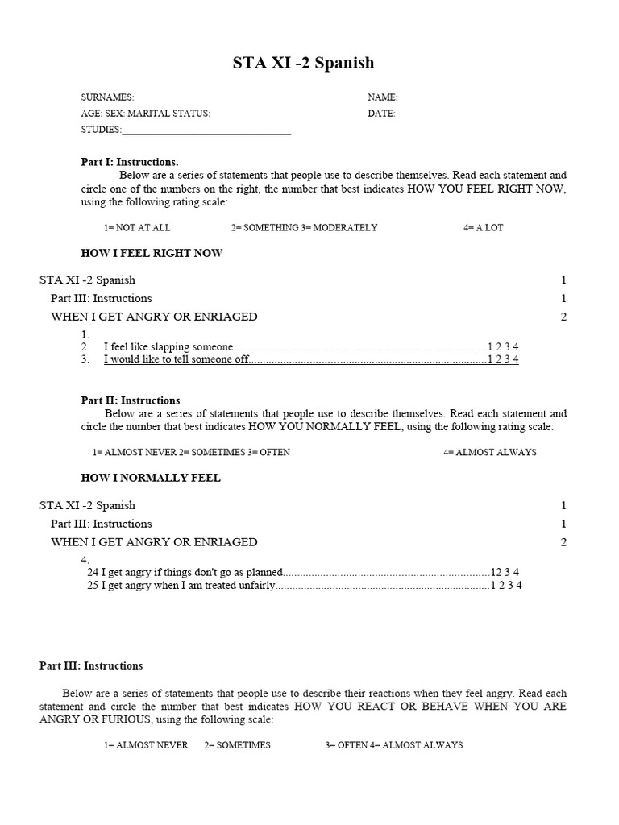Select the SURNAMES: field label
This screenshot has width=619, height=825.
tap(107, 97)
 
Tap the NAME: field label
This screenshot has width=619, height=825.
tap(383, 97)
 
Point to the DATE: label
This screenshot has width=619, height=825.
tap(381, 114)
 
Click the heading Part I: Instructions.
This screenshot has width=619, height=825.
tap(130, 162)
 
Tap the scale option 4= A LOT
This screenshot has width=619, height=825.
tap(483, 228)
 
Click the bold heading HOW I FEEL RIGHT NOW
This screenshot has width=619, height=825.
tap(152, 253)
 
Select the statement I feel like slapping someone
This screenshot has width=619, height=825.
tap(168, 346)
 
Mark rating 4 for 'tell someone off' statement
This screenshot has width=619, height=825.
tap(516, 359)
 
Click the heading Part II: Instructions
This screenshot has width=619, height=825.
tap(131, 400)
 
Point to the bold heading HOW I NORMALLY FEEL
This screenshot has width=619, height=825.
tap(151, 478)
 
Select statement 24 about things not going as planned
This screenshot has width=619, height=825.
tap(185, 573)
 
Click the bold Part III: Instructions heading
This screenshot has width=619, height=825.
tap(91, 666)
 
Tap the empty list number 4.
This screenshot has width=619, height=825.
tap(85, 560)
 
